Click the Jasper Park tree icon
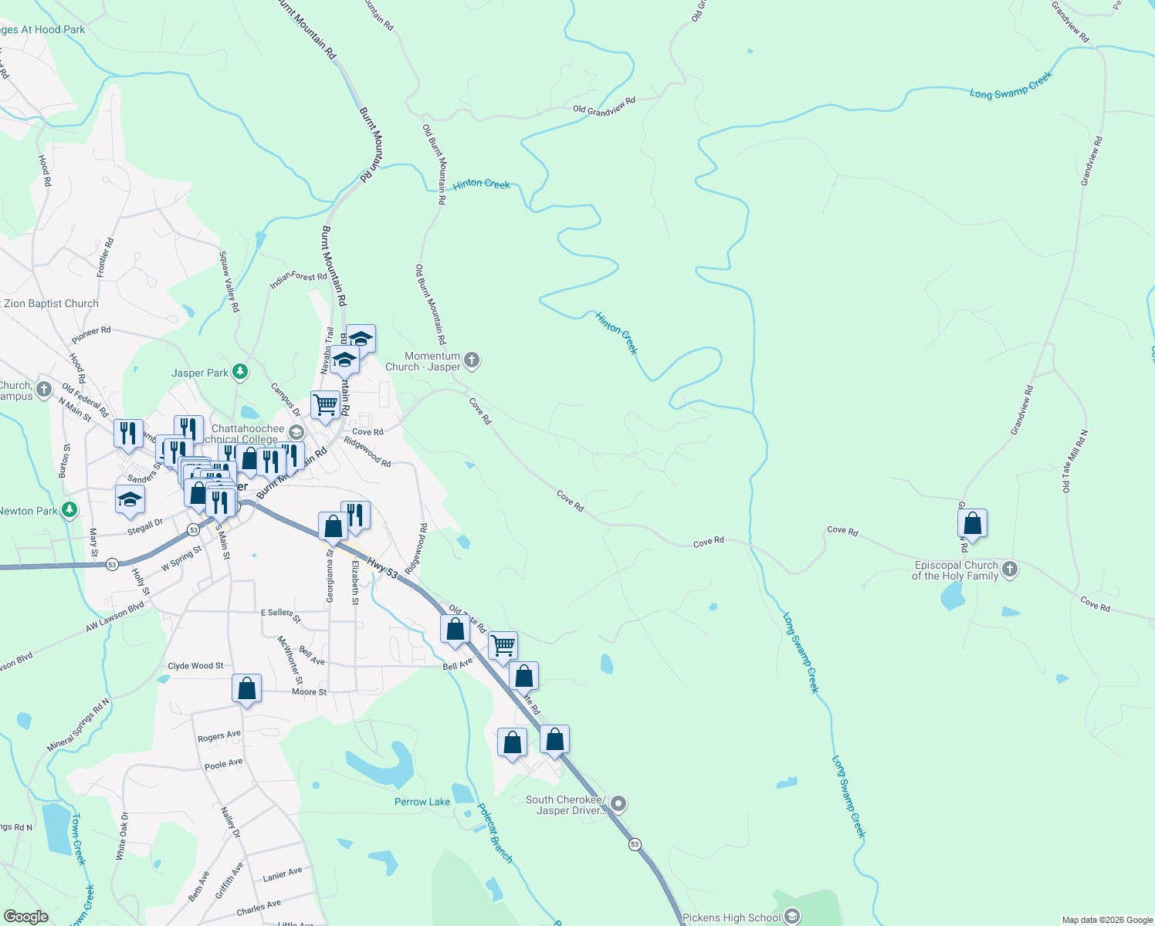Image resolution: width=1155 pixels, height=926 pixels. click(x=240, y=373)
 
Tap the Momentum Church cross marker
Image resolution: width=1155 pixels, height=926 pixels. click(x=472, y=360)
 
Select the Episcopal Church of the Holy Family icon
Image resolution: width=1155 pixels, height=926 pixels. click(x=1009, y=570)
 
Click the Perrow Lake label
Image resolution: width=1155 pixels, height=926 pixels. click(x=422, y=802)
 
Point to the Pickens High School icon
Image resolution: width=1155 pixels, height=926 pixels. click(x=791, y=917)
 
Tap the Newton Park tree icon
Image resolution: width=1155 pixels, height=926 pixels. click(x=69, y=510)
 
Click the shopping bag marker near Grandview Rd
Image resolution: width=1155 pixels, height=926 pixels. click(x=972, y=525)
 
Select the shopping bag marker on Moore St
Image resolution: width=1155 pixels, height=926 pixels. click(x=246, y=688)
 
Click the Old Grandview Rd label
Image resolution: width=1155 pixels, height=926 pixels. click(x=604, y=106)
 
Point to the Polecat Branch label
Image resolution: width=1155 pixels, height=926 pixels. click(x=495, y=833)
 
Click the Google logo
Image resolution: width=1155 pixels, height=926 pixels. click(x=25, y=916)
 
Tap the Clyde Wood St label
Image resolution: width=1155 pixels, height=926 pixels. click(x=195, y=666)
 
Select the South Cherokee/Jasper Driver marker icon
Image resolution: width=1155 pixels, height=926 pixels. click(x=618, y=806)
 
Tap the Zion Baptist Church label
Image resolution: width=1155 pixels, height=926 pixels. click(x=51, y=303)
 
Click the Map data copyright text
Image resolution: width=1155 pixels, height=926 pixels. click(x=1106, y=920)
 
